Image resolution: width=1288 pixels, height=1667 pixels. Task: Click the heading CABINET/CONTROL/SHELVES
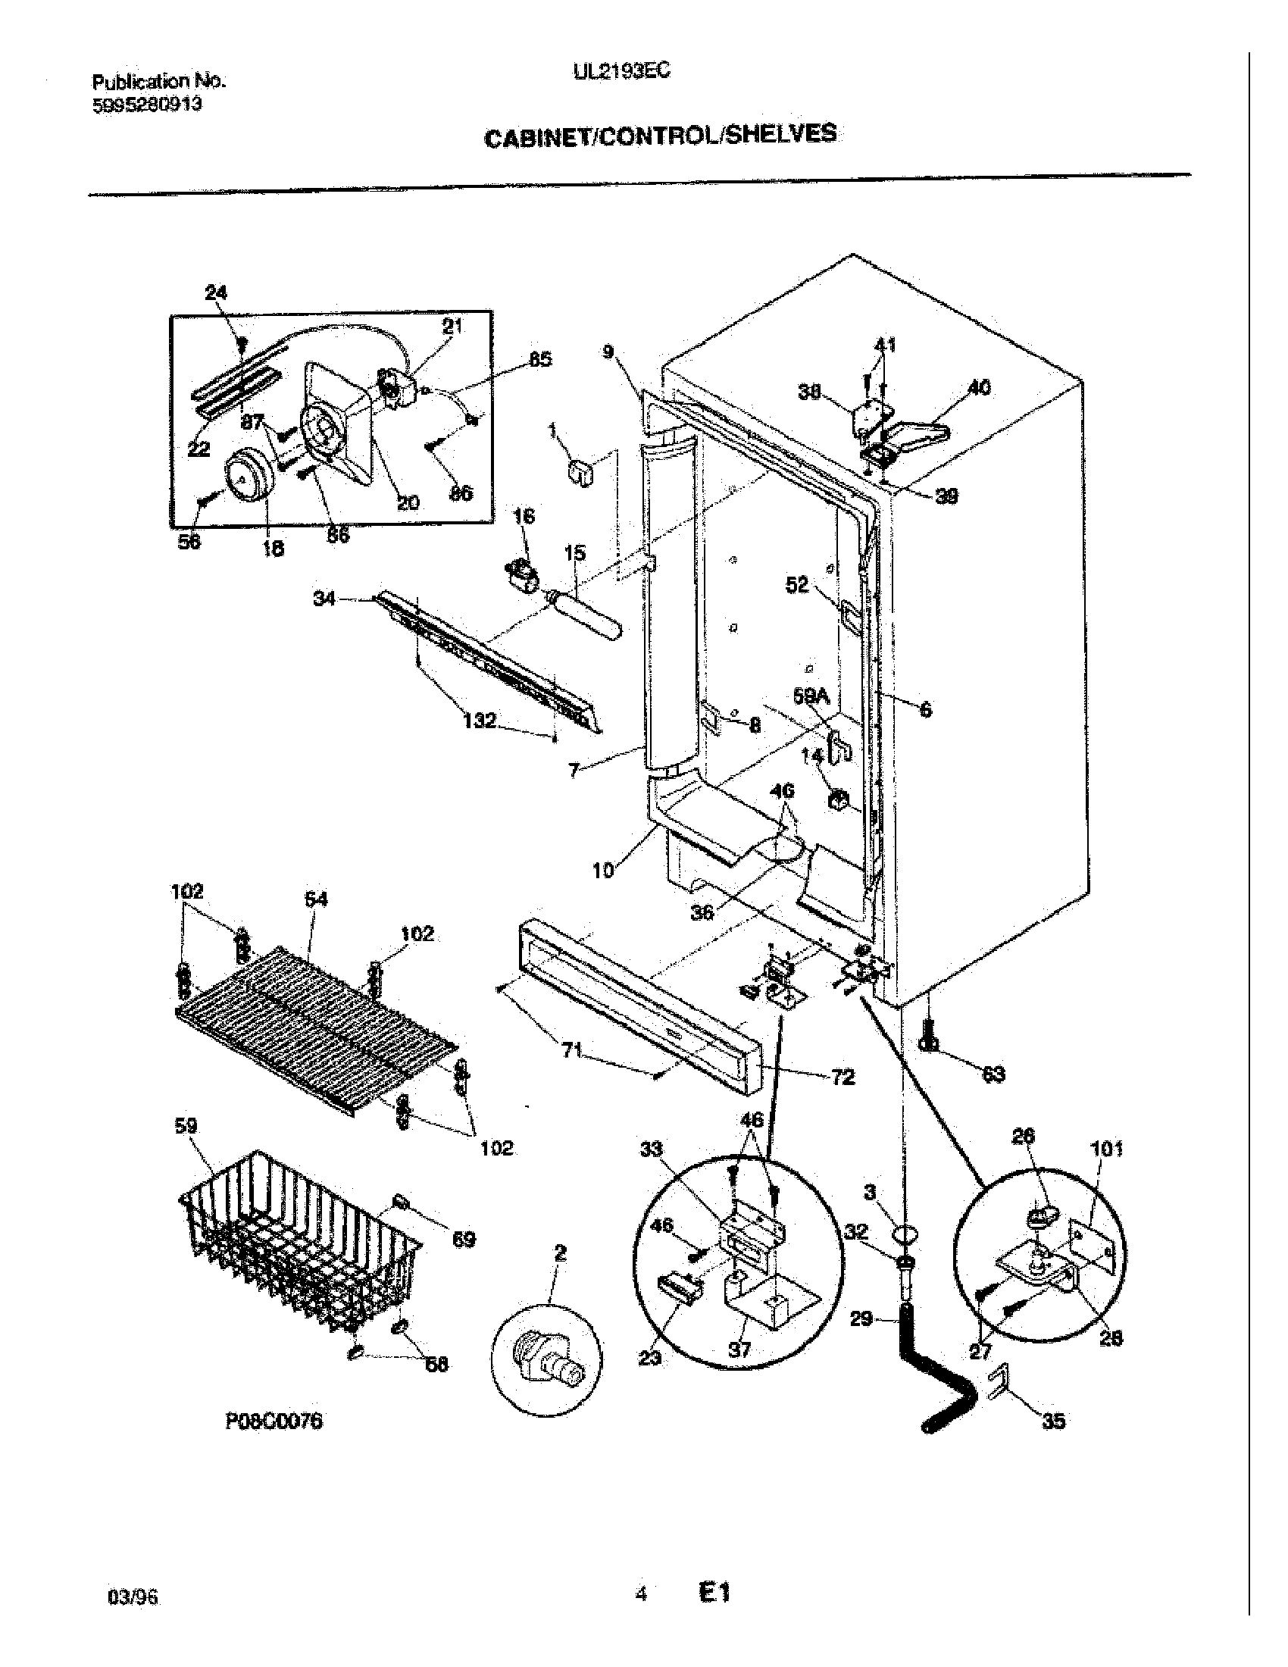(661, 136)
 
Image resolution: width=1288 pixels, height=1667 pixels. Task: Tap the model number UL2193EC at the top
(621, 70)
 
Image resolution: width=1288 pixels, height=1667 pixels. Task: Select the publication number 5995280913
(147, 105)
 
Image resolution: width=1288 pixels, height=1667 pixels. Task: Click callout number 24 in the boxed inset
(216, 292)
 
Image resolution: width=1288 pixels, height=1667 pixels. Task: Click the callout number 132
(479, 720)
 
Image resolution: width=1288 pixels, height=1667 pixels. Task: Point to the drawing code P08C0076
(274, 1421)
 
